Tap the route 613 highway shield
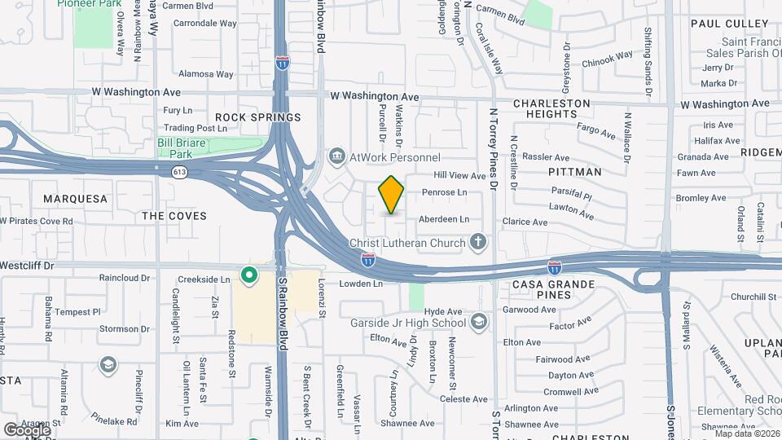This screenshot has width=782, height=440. click(x=179, y=172)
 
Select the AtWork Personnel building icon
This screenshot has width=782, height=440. click(x=336, y=156)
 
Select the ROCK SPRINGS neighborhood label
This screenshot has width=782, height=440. click(x=257, y=117)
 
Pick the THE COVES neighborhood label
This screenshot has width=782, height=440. click(x=174, y=216)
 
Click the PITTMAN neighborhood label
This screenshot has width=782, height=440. click(x=574, y=172)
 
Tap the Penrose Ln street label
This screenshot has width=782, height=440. click(x=444, y=192)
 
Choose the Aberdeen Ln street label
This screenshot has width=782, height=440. click(x=444, y=219)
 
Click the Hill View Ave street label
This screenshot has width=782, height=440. click(x=459, y=175)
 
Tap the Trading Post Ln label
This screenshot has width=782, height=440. click(x=195, y=128)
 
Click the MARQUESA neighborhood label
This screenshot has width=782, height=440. click(x=75, y=199)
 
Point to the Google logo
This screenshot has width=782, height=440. click(x=27, y=429)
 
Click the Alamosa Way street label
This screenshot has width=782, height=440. click(x=205, y=74)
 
